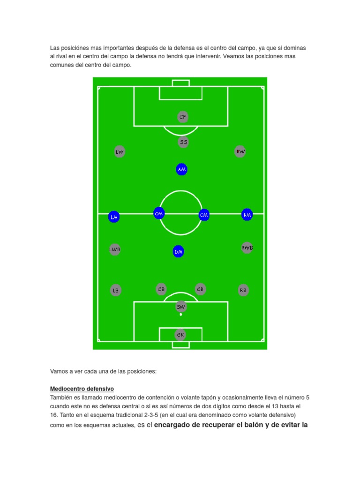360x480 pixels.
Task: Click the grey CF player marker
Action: (x=183, y=117)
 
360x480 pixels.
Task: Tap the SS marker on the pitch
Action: (x=183, y=142)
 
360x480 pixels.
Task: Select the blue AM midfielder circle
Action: (x=182, y=169)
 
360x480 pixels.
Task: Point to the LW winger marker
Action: (x=120, y=151)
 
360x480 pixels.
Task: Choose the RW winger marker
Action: (x=240, y=151)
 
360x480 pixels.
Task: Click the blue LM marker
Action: (x=114, y=217)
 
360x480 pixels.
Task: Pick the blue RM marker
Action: (x=247, y=215)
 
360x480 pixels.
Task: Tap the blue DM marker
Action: (x=178, y=252)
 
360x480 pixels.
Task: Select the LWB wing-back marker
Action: (x=115, y=249)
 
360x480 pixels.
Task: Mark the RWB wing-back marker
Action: (x=247, y=247)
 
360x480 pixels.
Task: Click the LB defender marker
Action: (x=116, y=290)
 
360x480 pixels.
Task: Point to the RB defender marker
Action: (x=243, y=290)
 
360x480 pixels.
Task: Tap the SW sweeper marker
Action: (x=181, y=307)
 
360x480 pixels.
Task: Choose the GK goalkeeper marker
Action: (x=180, y=335)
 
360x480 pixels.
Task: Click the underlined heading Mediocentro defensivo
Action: (x=82, y=389)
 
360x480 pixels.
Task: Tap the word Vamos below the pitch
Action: (x=60, y=371)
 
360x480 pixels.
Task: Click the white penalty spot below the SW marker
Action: (x=181, y=315)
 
